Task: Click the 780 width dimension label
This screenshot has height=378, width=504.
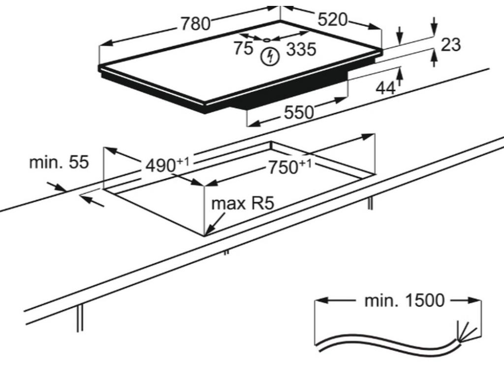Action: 195,24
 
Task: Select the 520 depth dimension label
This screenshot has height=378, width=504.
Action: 333,20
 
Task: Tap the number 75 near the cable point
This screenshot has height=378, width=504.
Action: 243,48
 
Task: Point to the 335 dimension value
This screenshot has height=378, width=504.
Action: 301,49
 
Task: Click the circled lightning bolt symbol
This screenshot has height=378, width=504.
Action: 270,57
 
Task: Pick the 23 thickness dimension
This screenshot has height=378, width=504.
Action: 451,45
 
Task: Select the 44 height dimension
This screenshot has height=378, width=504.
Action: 385,88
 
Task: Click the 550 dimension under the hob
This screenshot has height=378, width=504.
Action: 299,112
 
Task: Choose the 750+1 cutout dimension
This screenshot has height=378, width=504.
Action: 289,167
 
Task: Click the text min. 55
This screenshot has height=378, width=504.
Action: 59,162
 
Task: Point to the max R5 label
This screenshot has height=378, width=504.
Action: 242,203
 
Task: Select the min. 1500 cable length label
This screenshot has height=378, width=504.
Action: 404,300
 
